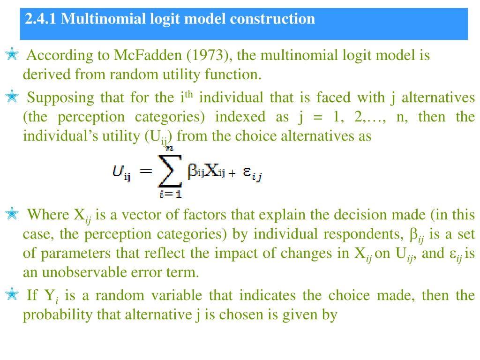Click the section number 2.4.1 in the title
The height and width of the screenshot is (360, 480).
pyautogui.click(x=41, y=19)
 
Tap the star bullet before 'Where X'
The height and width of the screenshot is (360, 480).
pyautogui.click(x=12, y=215)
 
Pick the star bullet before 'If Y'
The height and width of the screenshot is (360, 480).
pyautogui.click(x=12, y=295)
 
